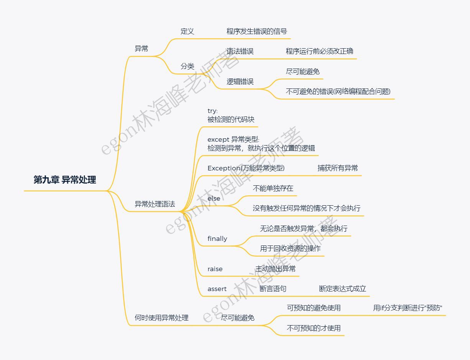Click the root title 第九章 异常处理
(x=65, y=180)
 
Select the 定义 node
(x=187, y=31)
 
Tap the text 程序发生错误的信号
(x=256, y=31)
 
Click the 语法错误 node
(x=240, y=51)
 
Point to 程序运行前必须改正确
(x=319, y=51)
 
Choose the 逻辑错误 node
(x=240, y=82)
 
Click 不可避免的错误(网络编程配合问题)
(x=338, y=92)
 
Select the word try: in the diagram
(x=212, y=111)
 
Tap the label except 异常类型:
(x=233, y=140)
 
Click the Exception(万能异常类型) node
(x=246, y=168)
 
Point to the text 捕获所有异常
(x=338, y=168)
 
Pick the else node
(x=214, y=198)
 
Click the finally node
(x=217, y=239)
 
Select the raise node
(x=215, y=269)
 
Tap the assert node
(x=217, y=289)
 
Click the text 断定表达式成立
(x=342, y=289)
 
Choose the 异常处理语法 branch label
(x=155, y=204)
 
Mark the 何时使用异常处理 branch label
(x=162, y=318)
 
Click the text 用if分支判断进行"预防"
(x=408, y=308)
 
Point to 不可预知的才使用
(x=314, y=328)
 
